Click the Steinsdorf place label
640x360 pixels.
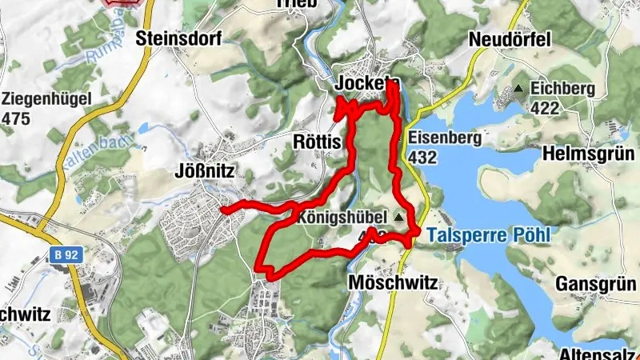[x=177, y=37]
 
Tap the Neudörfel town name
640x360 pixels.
[x=512, y=39]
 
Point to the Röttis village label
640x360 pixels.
[x=318, y=142]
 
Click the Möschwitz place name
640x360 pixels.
[x=392, y=283]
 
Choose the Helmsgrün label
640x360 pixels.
[x=590, y=152]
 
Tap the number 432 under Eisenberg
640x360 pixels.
[x=423, y=156]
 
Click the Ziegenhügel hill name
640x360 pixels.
[x=47, y=99]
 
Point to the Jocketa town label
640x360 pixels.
[x=368, y=84]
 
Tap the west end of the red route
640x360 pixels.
[x=223, y=210]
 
